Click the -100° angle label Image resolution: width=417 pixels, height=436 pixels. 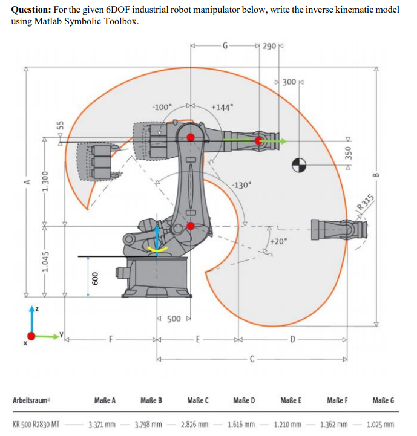(163, 107)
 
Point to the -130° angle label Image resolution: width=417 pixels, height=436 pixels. (240, 186)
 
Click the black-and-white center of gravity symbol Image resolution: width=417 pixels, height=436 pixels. (300, 163)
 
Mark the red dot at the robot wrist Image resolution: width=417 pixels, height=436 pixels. (260, 140)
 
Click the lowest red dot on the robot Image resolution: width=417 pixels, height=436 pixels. (191, 226)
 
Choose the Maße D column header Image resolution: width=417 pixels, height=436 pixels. (244, 400)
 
